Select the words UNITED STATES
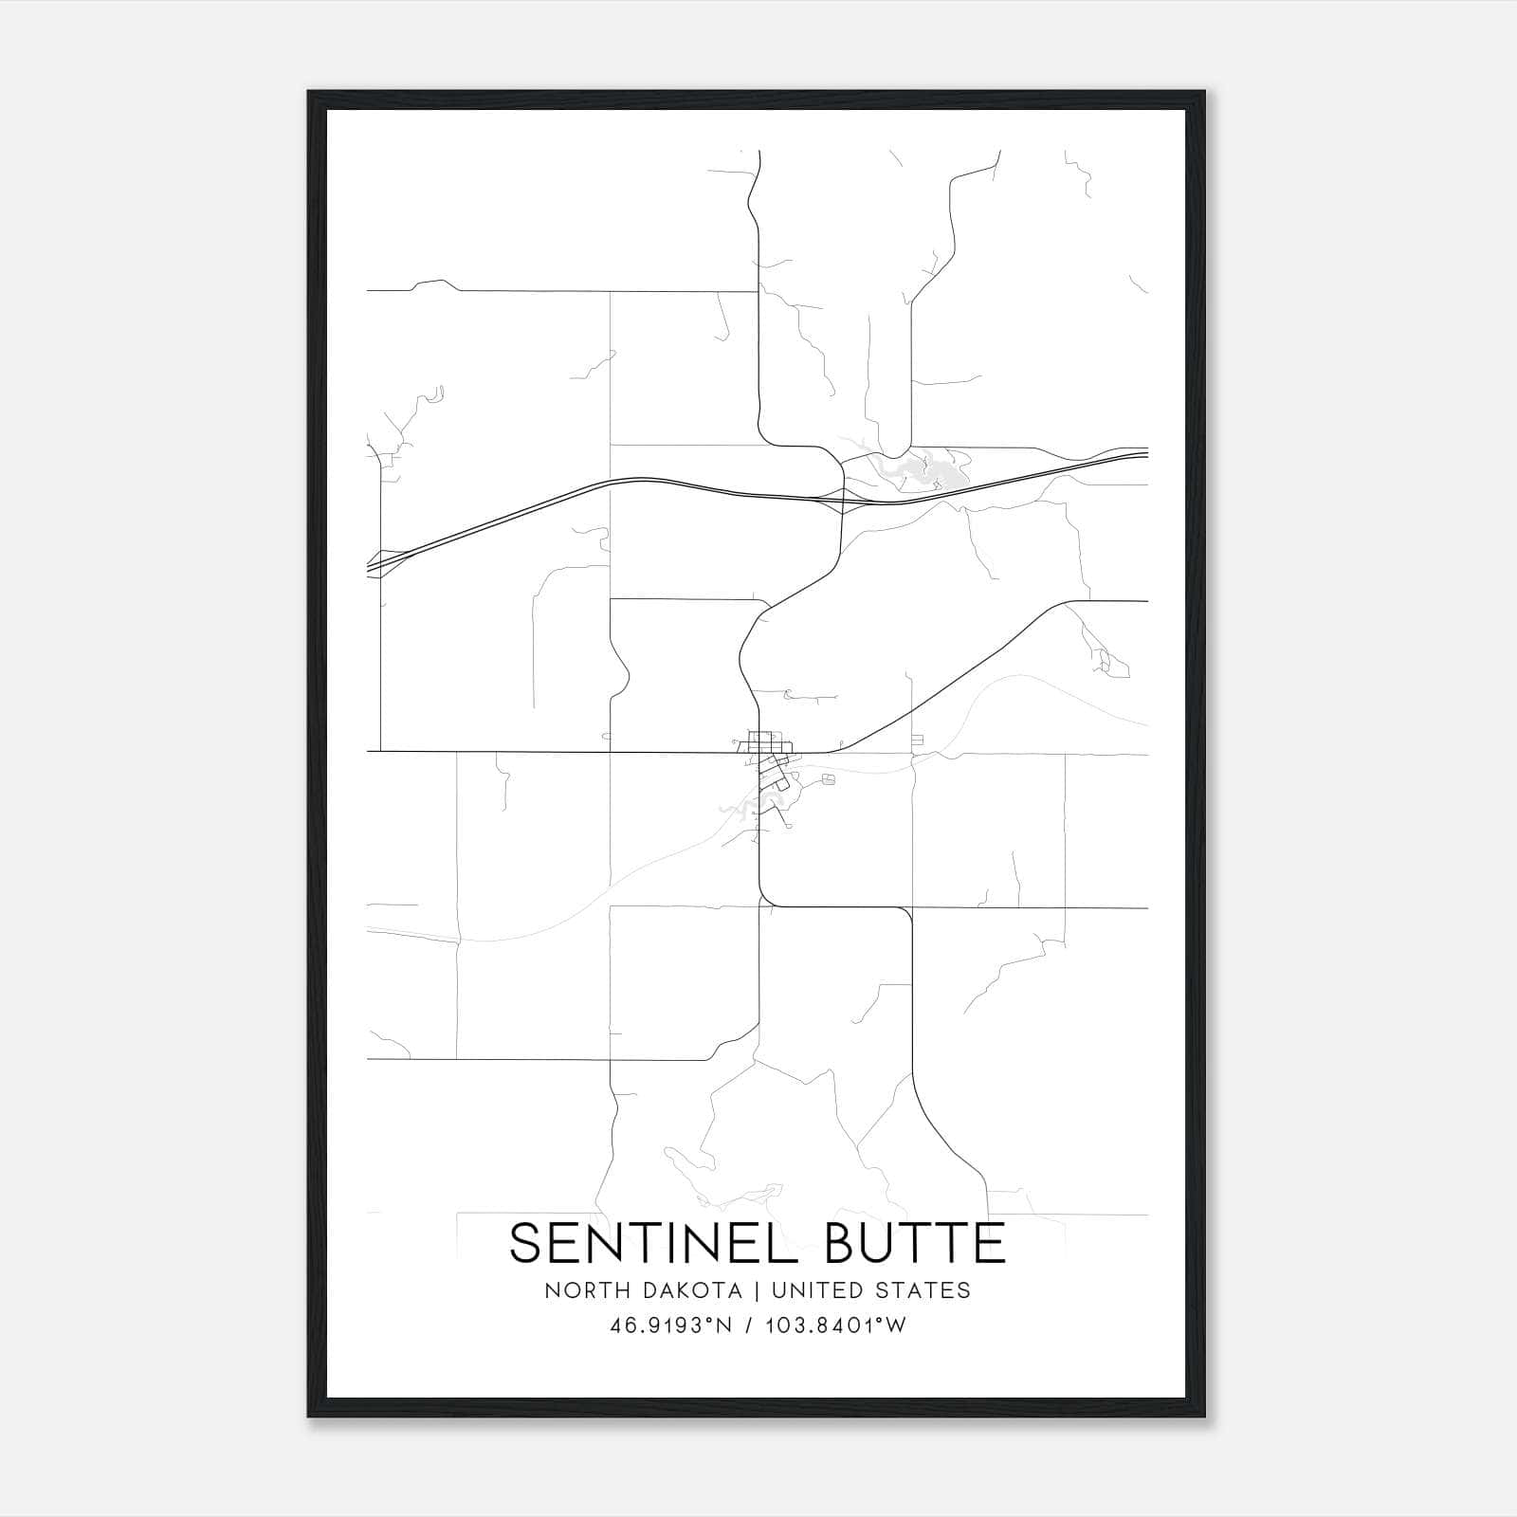coord(871,1290)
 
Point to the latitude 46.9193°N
coord(671,1325)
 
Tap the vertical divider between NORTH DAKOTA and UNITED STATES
coord(758,1290)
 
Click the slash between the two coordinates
coord(750,1325)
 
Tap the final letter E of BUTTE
coord(992,1243)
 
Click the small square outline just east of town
coord(830,779)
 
